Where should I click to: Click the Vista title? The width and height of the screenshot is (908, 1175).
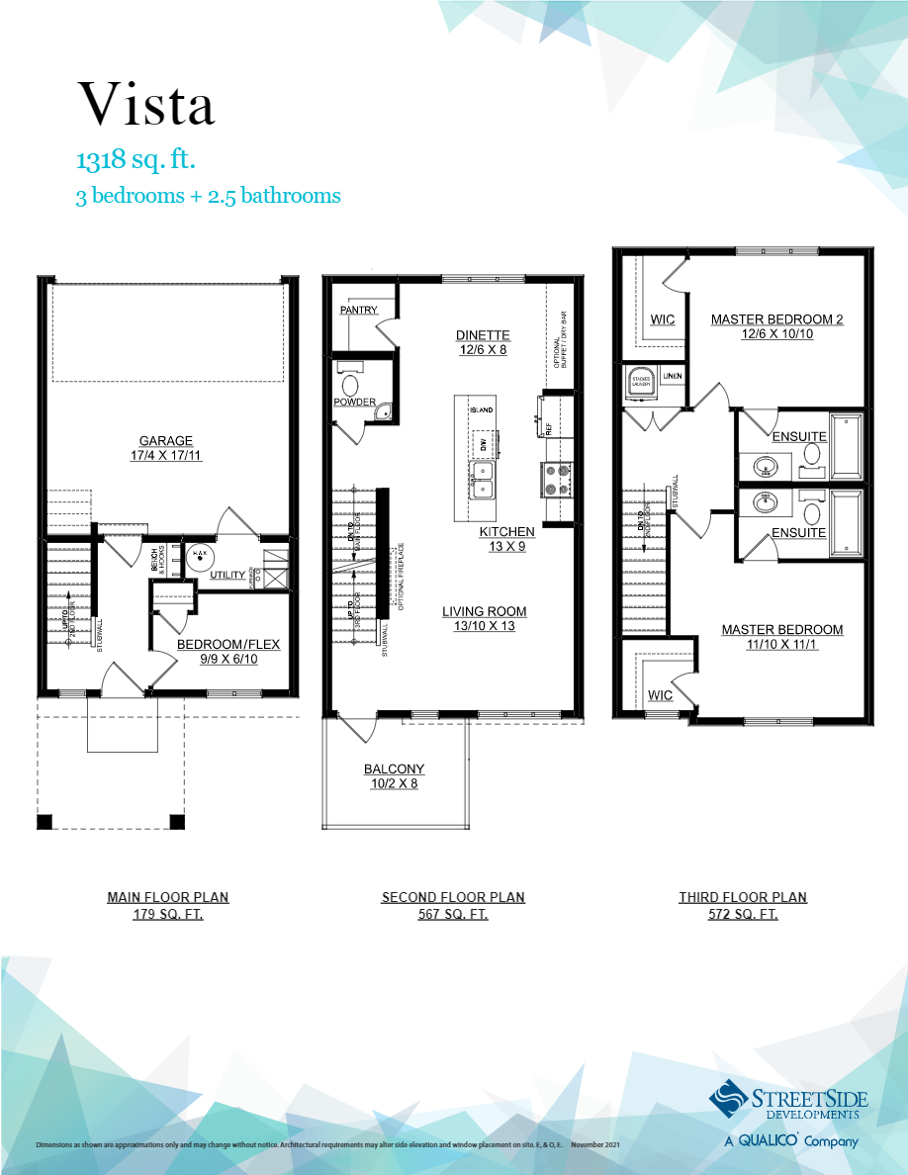click(145, 103)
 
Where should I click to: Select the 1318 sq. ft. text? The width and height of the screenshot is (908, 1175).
click(141, 160)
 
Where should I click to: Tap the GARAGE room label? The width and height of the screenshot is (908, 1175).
click(166, 441)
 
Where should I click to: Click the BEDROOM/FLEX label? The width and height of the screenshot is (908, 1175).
click(228, 645)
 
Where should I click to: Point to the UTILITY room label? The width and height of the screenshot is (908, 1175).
click(228, 574)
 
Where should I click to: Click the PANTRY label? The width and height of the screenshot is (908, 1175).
click(358, 311)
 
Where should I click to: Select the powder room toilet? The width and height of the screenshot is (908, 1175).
click(350, 384)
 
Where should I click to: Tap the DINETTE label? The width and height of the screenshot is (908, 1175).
click(483, 335)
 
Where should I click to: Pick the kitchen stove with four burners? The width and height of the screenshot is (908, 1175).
click(555, 479)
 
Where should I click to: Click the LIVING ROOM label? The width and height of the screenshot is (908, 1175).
click(484, 611)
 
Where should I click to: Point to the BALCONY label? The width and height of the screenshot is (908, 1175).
click(394, 768)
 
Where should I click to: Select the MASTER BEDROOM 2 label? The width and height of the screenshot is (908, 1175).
click(776, 319)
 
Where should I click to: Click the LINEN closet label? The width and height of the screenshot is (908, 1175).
click(673, 377)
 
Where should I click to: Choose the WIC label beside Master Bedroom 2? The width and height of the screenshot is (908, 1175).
click(662, 320)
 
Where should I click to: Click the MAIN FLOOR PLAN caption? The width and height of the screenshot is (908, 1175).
click(168, 897)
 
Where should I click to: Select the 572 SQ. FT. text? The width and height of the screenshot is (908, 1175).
click(743, 915)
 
